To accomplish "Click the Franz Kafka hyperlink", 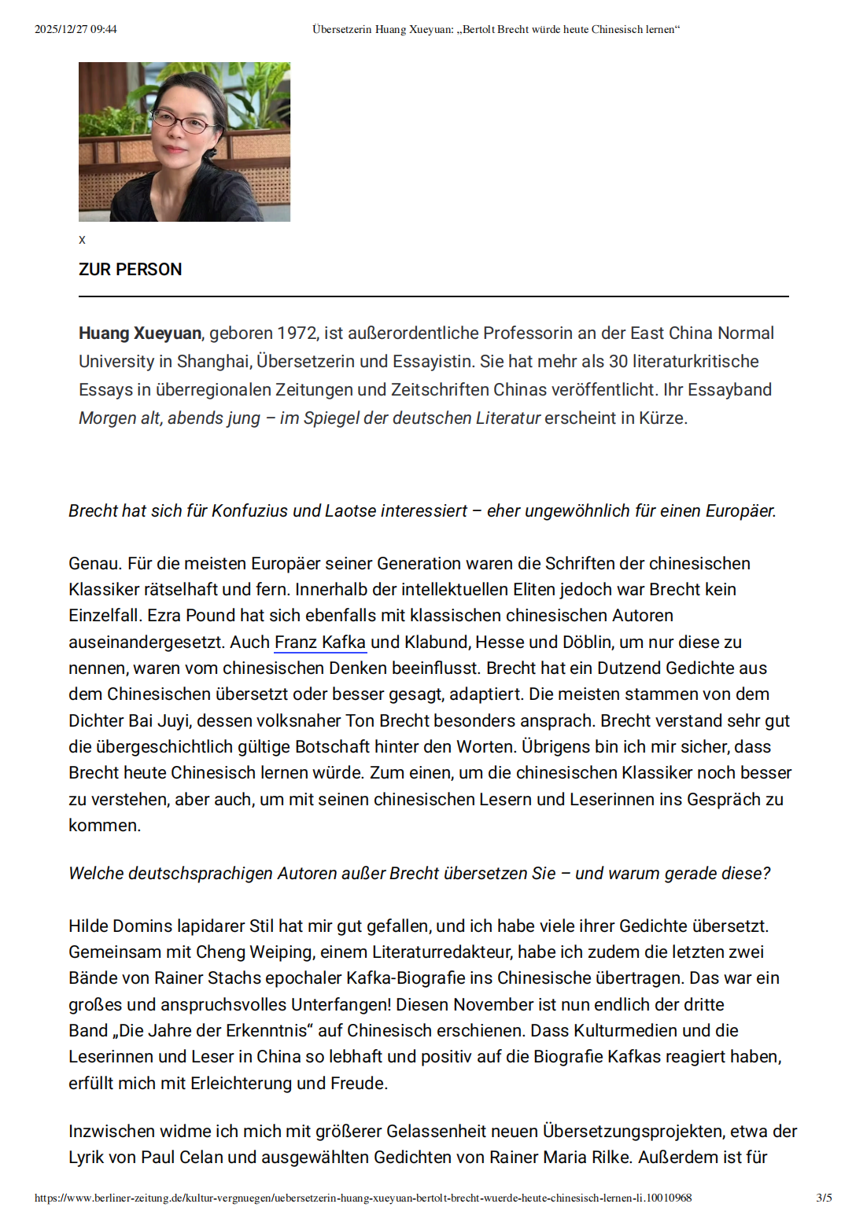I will coord(320,642).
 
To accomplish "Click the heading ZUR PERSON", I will coord(130,270).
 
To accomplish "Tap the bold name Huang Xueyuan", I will coord(140,333).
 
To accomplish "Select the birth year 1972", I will coord(297,333).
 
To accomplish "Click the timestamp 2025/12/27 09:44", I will coord(76,30).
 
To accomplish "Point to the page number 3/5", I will coord(824,1198).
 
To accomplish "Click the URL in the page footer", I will coord(363,1198).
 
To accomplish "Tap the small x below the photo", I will coord(82,240).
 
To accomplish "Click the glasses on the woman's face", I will coord(183,121).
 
